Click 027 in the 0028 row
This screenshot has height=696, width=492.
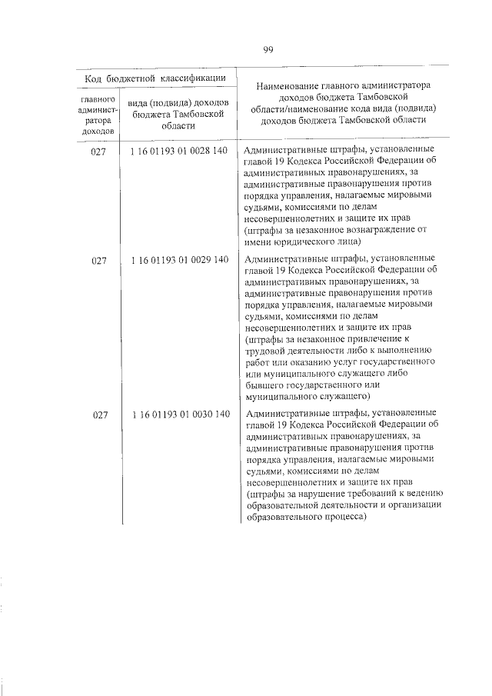pyautogui.click(x=99, y=151)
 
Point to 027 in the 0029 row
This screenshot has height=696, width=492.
pyautogui.click(x=99, y=260)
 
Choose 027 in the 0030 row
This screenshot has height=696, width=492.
pyautogui.click(x=99, y=415)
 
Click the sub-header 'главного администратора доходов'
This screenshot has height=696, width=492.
pyautogui.click(x=99, y=115)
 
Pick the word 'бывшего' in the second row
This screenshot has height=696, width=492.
pyautogui.click(x=261, y=385)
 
